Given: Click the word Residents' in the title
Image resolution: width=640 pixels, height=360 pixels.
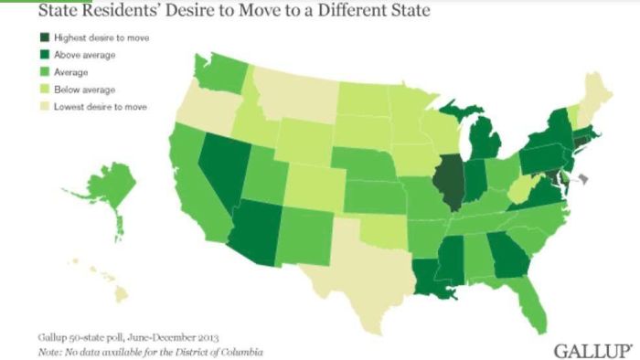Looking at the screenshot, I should [107, 12].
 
